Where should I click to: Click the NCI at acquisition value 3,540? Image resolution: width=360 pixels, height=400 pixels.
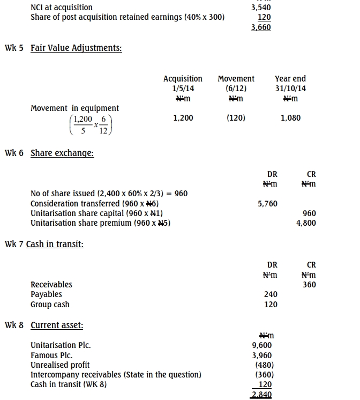(x=261, y=8)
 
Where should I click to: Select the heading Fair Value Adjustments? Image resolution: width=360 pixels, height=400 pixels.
(x=76, y=48)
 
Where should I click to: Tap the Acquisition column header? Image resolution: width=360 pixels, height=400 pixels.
(x=183, y=79)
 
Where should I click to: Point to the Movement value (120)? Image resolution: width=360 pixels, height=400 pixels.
(x=236, y=118)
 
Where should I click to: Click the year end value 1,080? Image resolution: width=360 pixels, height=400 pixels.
(x=290, y=118)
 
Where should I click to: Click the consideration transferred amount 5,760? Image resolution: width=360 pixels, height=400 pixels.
(x=268, y=204)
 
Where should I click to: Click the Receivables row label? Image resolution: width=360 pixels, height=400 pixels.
(x=51, y=285)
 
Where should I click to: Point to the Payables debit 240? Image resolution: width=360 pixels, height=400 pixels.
(x=271, y=294)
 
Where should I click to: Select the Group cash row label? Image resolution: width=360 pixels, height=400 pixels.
(x=50, y=305)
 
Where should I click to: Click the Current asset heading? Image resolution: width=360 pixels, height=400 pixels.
(x=57, y=325)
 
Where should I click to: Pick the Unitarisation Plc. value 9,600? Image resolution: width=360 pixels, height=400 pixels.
(x=262, y=345)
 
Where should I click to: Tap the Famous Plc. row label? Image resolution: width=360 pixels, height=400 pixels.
(x=51, y=355)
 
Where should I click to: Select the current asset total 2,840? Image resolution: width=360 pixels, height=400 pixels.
(x=262, y=395)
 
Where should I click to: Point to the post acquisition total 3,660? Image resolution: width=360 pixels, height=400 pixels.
(x=261, y=27)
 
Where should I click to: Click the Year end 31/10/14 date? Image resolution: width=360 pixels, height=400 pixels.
(x=290, y=88)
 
